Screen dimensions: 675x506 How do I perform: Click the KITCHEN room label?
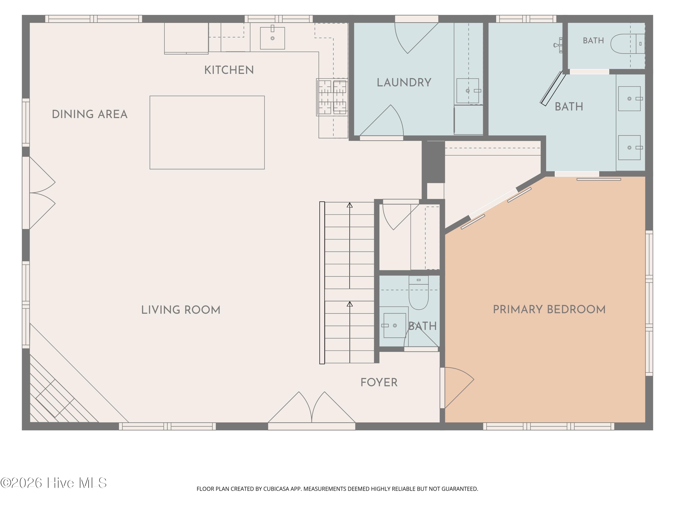tap(229, 70)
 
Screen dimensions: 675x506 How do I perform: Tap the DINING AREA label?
tap(90, 114)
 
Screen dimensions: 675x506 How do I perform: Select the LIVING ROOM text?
tap(181, 310)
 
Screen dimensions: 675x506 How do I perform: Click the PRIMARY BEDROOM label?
tap(549, 310)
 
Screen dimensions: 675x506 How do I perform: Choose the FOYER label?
tap(379, 383)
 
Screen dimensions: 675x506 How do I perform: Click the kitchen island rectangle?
tap(207, 132)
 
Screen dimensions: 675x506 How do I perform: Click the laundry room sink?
tap(468, 91)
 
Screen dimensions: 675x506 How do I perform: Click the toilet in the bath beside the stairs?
tap(418, 293)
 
